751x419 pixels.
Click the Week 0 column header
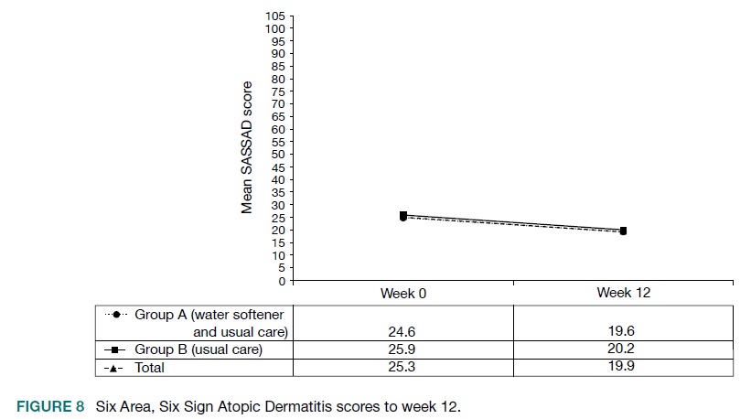tap(403, 293)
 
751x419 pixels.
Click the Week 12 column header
tap(623, 293)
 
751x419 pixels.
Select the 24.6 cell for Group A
tap(403, 332)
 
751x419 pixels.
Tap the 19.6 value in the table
tap(623, 332)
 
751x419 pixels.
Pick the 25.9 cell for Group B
tap(403, 349)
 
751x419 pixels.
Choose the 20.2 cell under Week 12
tap(623, 349)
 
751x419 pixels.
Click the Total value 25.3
tap(403, 367)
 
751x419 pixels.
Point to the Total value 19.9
tap(623, 367)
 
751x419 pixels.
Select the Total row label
tap(150, 367)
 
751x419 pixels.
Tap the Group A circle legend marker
tap(118, 314)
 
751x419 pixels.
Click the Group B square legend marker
tap(118, 349)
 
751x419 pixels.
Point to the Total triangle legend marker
tap(118, 367)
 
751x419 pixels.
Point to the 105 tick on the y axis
tap(275, 16)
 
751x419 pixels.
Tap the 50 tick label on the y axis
tap(278, 155)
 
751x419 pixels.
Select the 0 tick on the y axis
tap(282, 280)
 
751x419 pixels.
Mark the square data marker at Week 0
tap(403, 215)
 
